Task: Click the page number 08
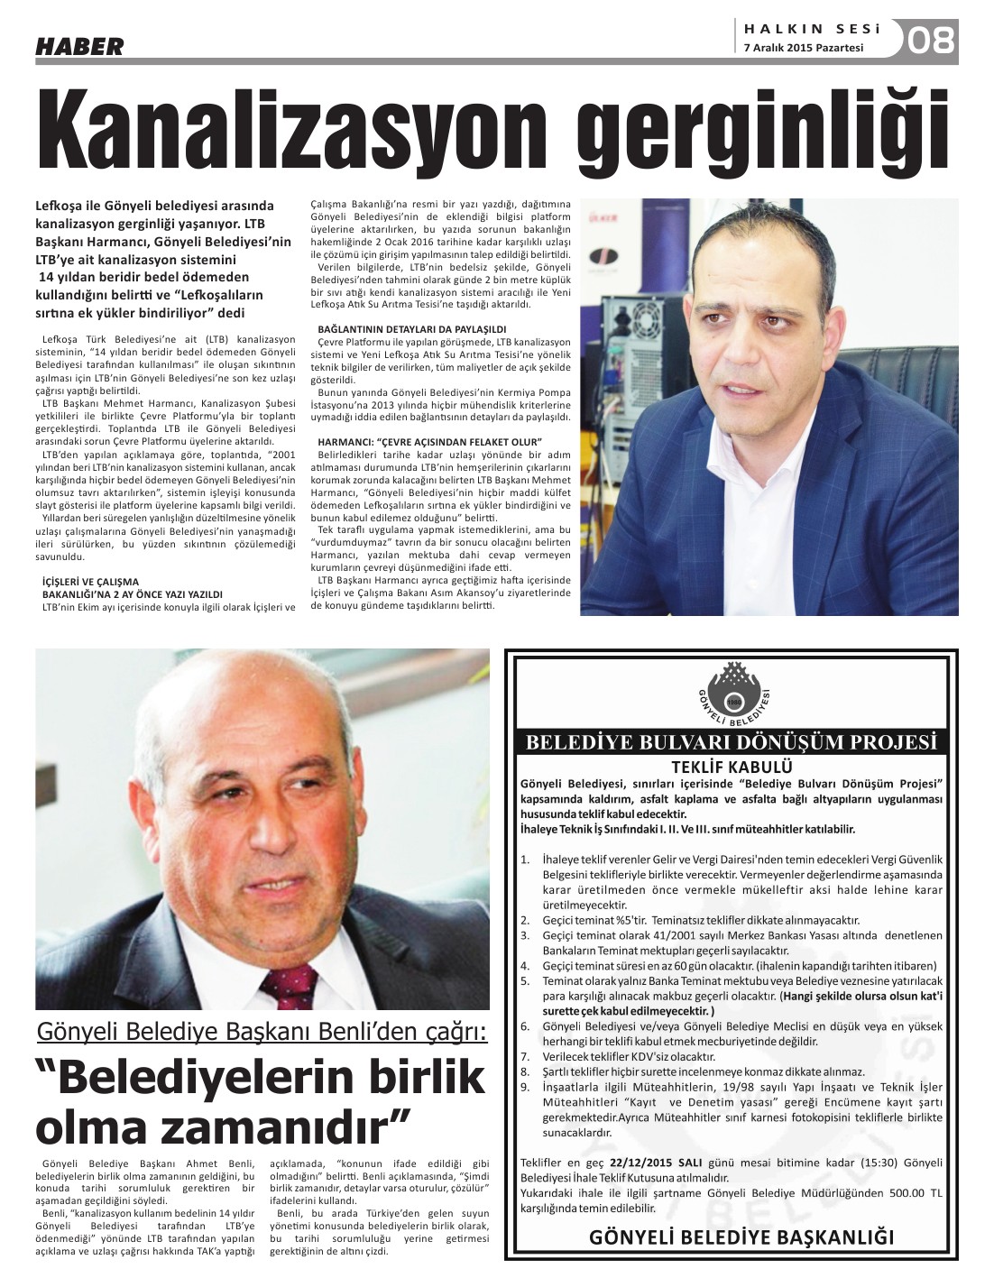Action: click(x=932, y=41)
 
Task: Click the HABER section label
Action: click(x=79, y=46)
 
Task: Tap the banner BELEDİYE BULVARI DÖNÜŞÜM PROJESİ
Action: click(x=732, y=743)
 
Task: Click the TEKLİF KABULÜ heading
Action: click(x=732, y=767)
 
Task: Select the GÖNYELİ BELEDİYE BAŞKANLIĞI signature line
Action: click(x=741, y=1237)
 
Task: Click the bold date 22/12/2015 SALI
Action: click(x=654, y=1163)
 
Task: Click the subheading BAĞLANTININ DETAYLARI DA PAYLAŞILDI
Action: click(x=412, y=329)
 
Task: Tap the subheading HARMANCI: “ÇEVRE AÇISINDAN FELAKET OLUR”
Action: click(x=429, y=440)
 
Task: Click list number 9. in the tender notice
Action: click(x=525, y=1086)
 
